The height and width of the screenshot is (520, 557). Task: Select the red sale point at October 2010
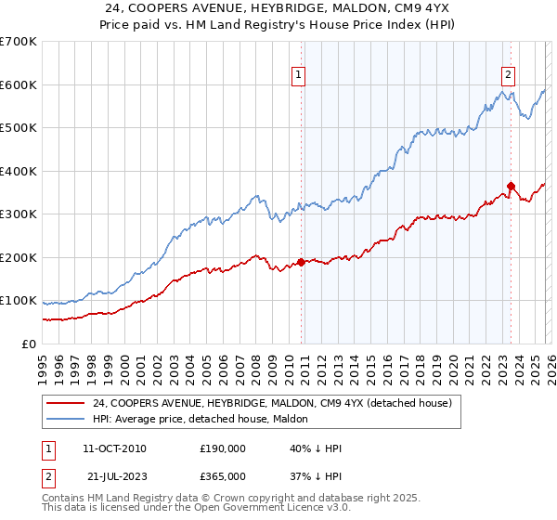[301, 262]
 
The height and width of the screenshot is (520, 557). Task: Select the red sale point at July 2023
[511, 186]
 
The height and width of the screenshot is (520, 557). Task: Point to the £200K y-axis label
[19, 257]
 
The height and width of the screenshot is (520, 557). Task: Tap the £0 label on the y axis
[28, 344]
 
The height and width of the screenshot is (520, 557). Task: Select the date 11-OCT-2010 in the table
[114, 448]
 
